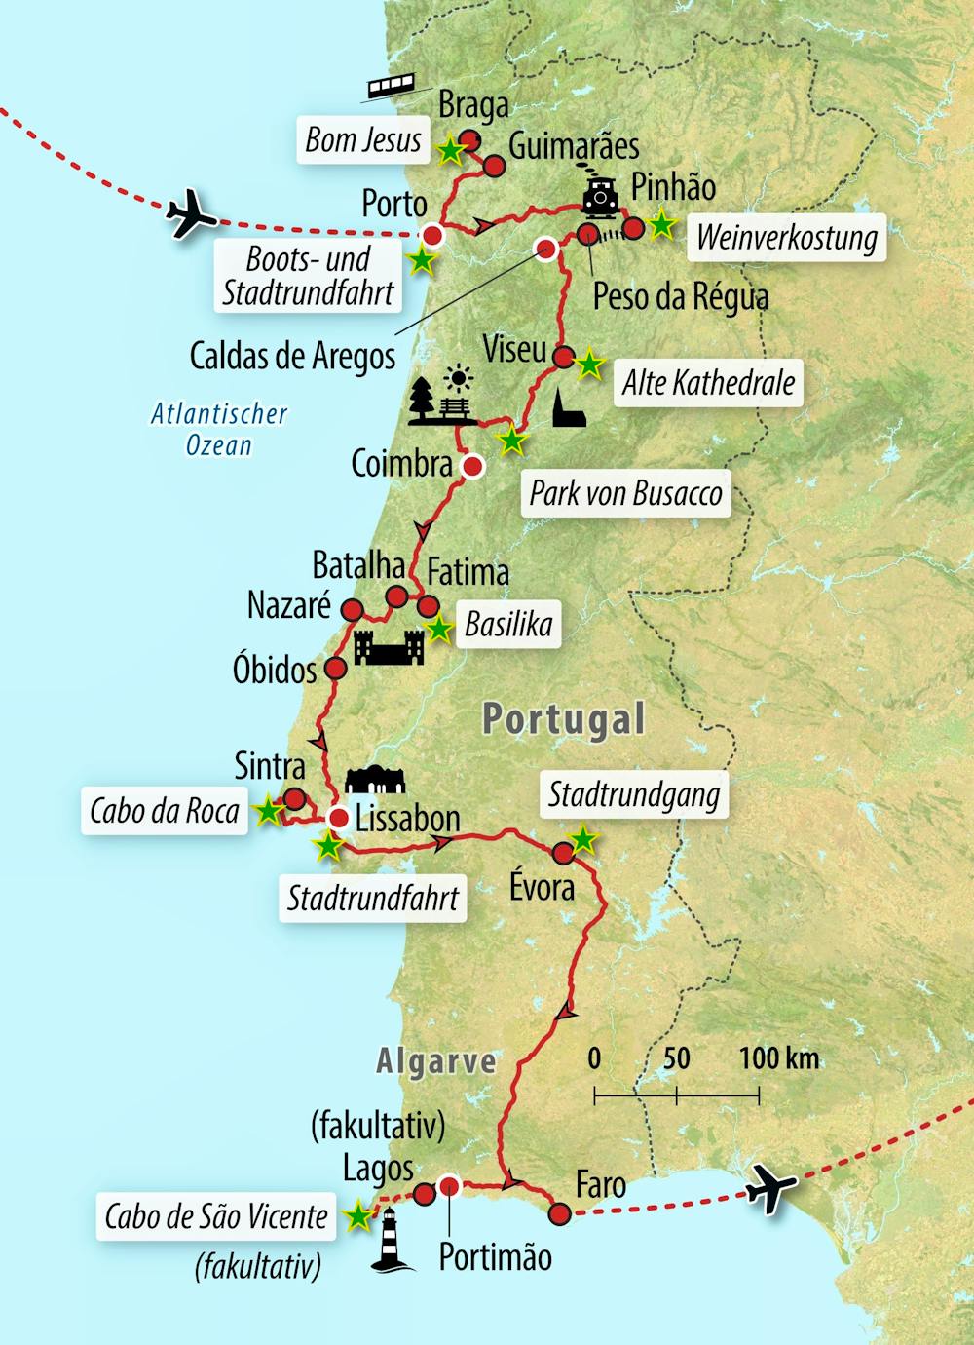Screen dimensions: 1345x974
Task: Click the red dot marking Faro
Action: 559,1213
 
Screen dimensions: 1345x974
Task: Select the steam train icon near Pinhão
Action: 600,198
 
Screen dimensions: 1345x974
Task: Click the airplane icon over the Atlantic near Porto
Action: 191,214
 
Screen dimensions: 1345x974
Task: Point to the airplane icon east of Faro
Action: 771,1190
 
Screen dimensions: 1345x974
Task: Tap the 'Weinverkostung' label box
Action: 787,238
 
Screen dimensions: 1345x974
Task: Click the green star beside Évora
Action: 582,838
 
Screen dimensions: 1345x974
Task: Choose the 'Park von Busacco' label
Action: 625,493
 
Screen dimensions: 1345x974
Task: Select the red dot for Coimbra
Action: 472,467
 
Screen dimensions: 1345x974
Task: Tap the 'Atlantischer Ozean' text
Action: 219,429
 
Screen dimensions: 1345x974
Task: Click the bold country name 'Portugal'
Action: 564,719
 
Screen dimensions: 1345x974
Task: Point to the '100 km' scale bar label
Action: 778,1057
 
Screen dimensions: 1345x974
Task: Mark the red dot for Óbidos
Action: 335,669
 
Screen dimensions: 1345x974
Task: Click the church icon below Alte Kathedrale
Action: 569,409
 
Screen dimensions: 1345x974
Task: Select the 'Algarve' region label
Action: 436,1060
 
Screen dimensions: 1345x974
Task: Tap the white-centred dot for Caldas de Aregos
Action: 547,249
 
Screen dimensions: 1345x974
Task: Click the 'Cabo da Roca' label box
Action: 165,811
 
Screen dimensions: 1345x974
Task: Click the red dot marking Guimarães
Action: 494,167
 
